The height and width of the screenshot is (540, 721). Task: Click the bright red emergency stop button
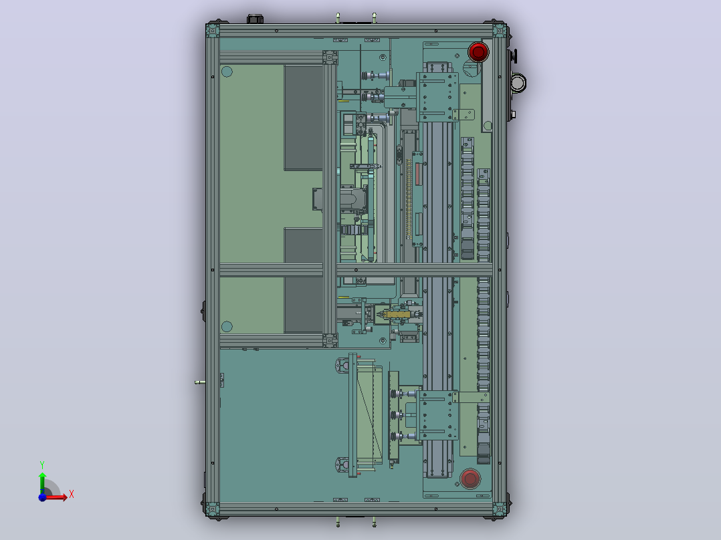[x=478, y=51]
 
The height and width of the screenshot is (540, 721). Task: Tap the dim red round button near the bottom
[x=470, y=479]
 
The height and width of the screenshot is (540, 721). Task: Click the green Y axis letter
[x=42, y=465]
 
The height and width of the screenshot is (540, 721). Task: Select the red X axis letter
[x=72, y=495]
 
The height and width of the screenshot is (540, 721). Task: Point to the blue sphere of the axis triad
[x=42, y=497]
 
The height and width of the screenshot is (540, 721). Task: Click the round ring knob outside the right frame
[x=518, y=83]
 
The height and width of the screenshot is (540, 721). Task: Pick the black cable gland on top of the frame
[x=255, y=19]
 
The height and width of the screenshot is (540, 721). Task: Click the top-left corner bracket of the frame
[x=213, y=31]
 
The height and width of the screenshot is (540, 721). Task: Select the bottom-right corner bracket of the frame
[x=500, y=509]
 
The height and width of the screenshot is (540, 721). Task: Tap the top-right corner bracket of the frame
[x=500, y=31]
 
